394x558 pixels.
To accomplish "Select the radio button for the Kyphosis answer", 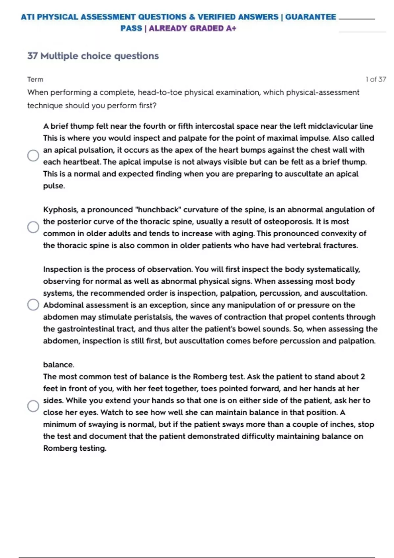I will tap(33, 227).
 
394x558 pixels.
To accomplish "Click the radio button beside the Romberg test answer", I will tap(33, 406).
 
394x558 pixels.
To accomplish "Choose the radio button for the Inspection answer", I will tap(33, 305).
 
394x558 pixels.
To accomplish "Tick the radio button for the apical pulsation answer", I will tap(33, 155).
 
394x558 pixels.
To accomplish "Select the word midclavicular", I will tap(332, 126).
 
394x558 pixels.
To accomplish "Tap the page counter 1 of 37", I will tap(376, 79).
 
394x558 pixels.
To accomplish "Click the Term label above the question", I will tap(35, 79).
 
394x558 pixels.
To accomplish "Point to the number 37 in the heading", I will tap(32, 56).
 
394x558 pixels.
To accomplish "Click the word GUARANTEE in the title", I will tap(310, 17).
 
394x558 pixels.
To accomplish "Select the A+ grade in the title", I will tap(231, 29).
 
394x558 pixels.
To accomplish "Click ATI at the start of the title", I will tap(28, 17).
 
